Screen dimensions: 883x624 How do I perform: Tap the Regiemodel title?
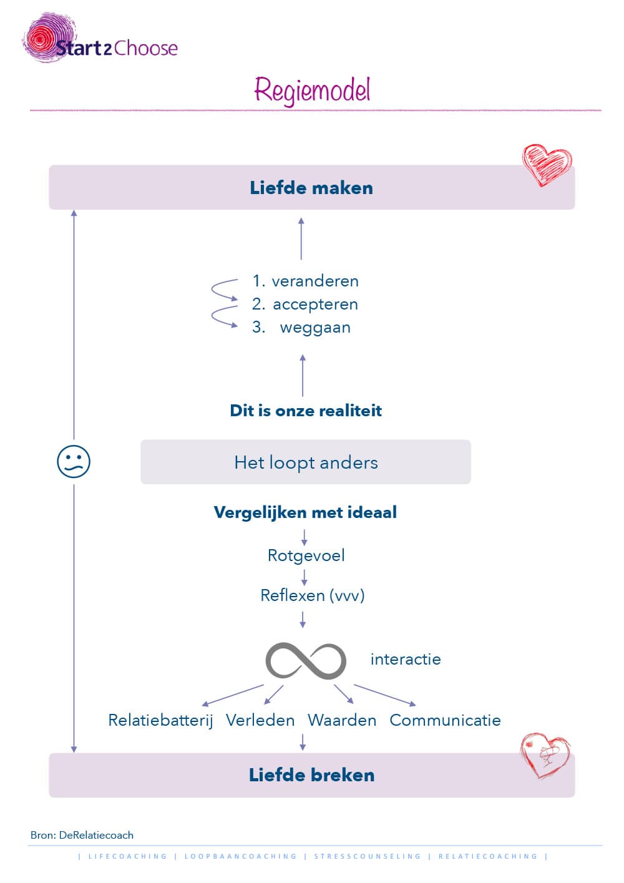[312, 90]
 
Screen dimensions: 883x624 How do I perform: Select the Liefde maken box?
[311, 188]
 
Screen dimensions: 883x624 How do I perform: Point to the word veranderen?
[315, 281]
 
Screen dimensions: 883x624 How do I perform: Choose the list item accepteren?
[315, 305]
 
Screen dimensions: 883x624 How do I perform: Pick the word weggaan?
[315, 328]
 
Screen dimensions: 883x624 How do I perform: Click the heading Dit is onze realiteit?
[306, 411]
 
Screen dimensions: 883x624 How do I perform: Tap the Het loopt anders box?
[306, 462]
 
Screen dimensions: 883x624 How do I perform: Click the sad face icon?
[74, 462]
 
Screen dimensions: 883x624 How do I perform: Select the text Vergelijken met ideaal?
[305, 513]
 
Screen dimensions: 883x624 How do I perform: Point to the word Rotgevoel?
[306, 555]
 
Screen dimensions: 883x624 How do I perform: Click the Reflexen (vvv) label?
[312, 595]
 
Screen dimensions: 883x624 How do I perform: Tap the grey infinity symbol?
[306, 660]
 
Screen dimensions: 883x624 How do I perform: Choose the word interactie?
[406, 660]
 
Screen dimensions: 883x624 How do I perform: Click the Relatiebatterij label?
[160, 721]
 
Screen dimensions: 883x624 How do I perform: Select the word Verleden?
[260, 721]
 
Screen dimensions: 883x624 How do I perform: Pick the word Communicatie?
[445, 721]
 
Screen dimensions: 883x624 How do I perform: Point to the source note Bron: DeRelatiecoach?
[82, 835]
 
